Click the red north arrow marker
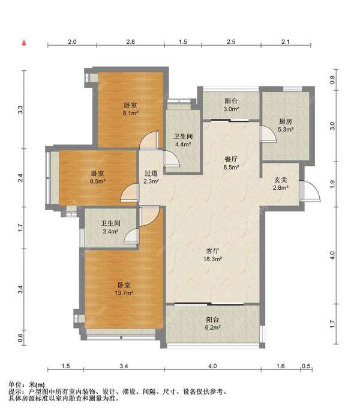(24, 43)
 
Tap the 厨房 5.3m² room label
(286, 126)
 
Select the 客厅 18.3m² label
(212, 255)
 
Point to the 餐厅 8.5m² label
(231, 163)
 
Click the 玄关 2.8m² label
(280, 184)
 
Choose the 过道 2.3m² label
(151, 177)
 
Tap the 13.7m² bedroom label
(124, 289)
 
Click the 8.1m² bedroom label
(131, 109)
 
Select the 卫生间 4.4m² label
(183, 141)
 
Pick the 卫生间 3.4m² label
(110, 227)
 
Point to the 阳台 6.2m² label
(212, 324)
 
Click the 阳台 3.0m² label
(231, 105)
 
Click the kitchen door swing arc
(268, 134)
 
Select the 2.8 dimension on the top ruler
(130, 42)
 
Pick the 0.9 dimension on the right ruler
(332, 80)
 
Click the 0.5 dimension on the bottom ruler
(306, 366)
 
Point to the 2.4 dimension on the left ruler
(20, 178)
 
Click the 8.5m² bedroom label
(98, 177)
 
